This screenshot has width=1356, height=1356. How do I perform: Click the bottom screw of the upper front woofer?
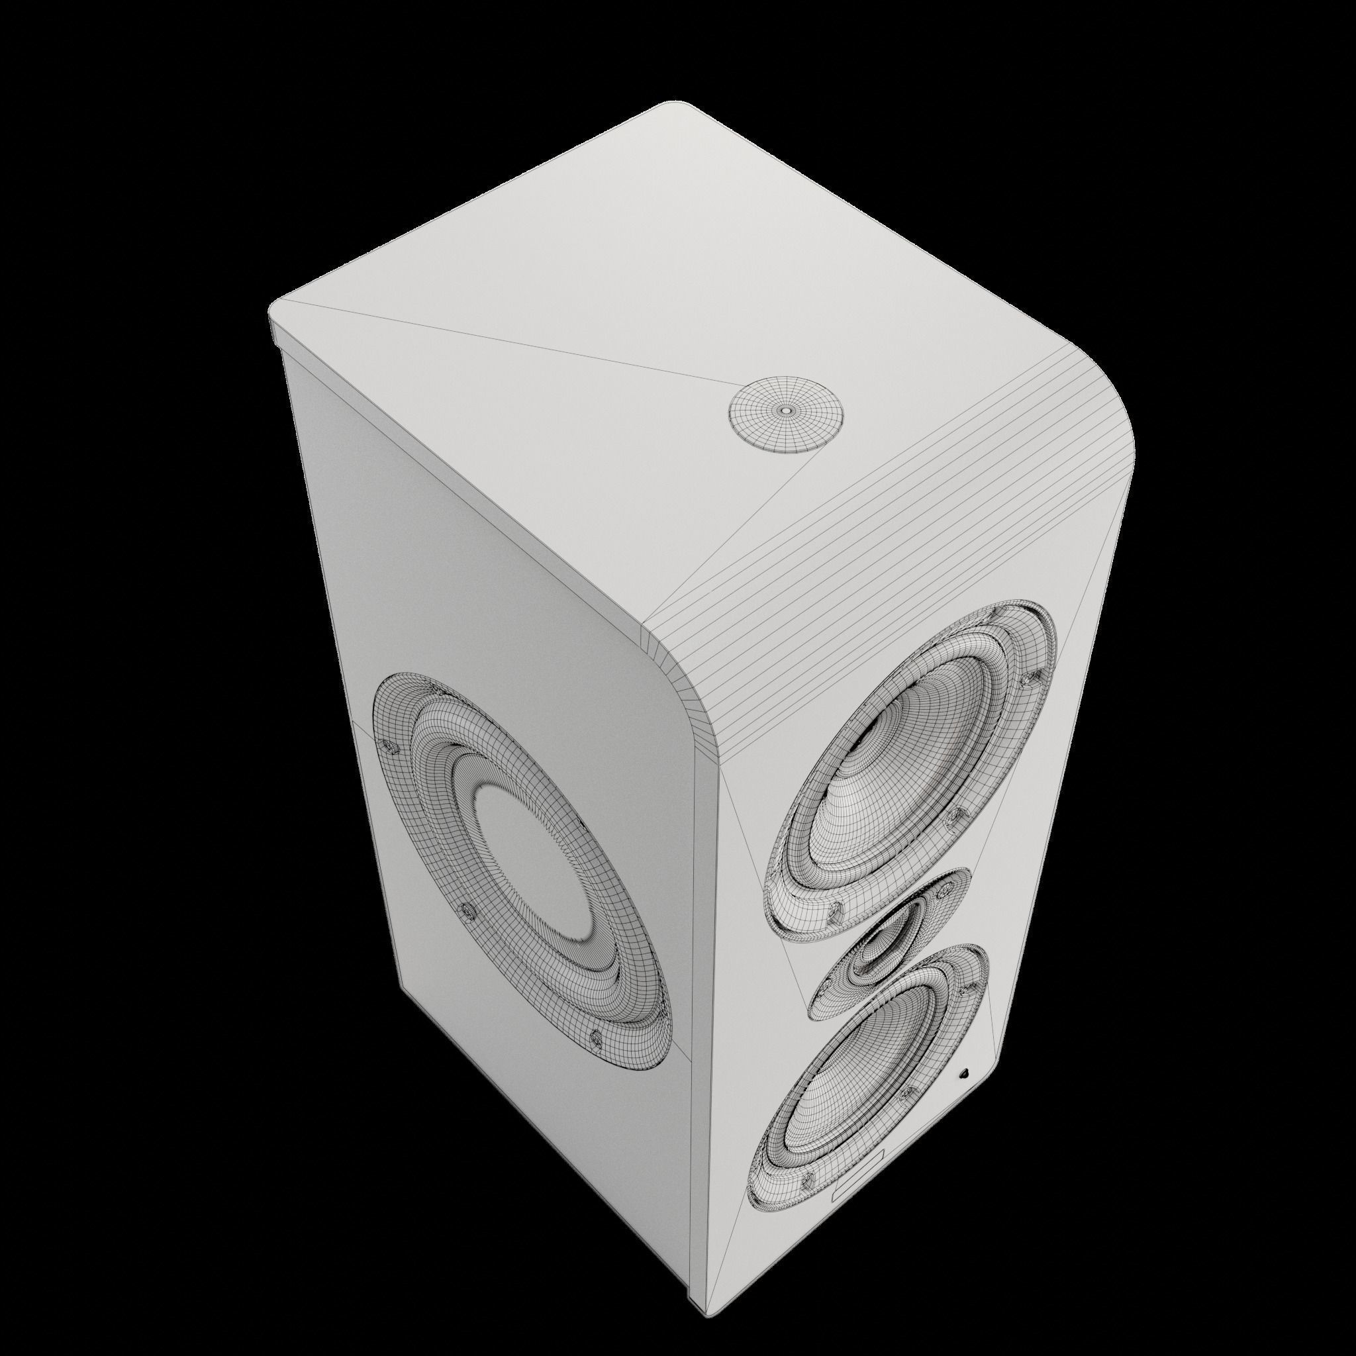pyautogui.click(x=834, y=913)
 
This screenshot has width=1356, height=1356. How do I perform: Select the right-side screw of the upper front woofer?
pyautogui.click(x=952, y=816)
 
